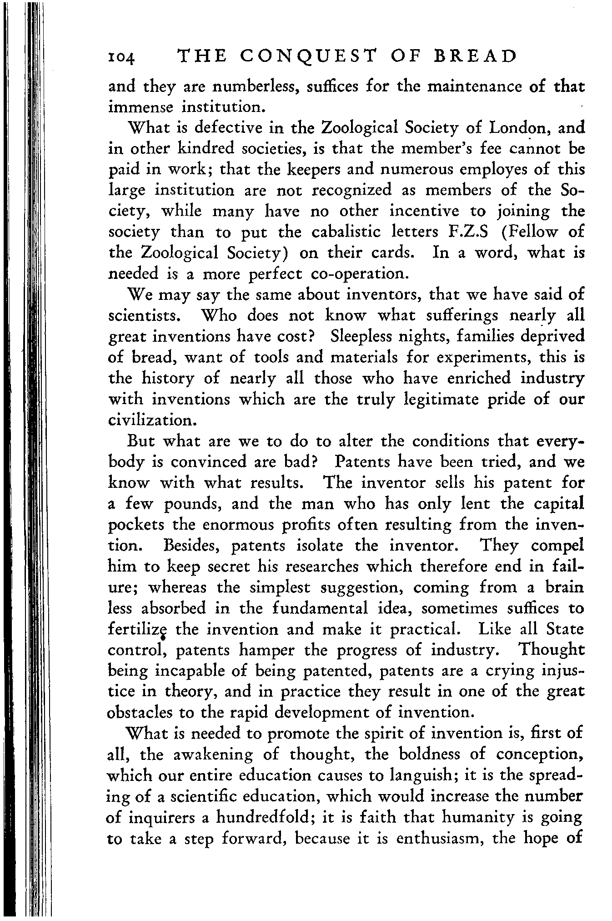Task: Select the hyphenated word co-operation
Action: [364, 274]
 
